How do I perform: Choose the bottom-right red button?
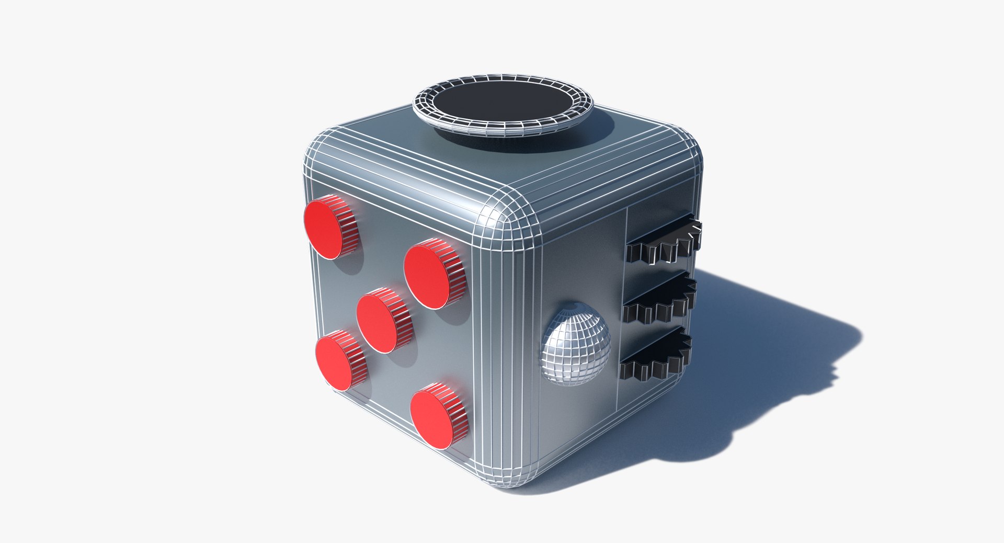click(432, 419)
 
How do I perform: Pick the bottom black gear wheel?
click(656, 356)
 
